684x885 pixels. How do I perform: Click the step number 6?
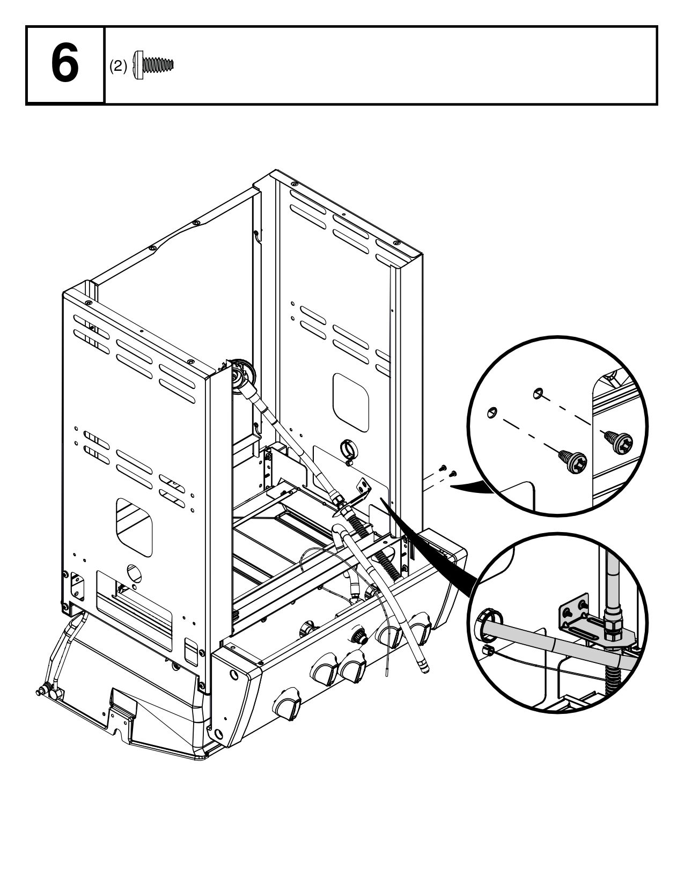pyautogui.click(x=64, y=65)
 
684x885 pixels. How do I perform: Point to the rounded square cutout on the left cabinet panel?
pyautogui.click(x=134, y=526)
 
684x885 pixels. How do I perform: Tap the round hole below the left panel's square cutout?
pyautogui.click(x=134, y=573)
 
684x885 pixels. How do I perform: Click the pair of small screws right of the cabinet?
pyautogui.click(x=447, y=470)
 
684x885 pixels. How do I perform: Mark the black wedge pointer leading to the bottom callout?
pyautogui.click(x=429, y=542)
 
